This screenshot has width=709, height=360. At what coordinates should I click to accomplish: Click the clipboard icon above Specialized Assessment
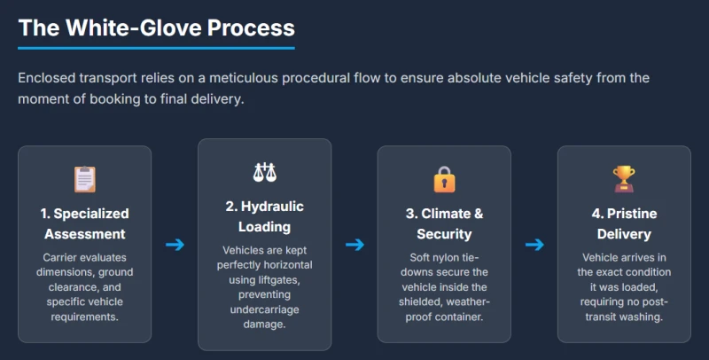[x=84, y=179]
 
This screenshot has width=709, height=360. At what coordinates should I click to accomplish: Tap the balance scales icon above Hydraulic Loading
[x=264, y=172]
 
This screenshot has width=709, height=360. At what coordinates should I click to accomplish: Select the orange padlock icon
[x=444, y=179]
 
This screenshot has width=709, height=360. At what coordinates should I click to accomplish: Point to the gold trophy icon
[x=624, y=179]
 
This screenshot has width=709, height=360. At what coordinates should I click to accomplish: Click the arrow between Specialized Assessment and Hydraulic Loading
[x=175, y=245]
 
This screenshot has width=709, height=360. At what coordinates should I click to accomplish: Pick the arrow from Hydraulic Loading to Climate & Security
[x=355, y=245]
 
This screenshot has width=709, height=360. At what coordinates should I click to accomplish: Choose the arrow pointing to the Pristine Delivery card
[x=534, y=245]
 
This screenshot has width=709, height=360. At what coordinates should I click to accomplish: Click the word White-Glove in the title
[x=134, y=27]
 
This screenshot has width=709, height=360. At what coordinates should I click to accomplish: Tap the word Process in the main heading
[x=251, y=27]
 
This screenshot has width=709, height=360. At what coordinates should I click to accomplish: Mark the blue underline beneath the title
[x=157, y=48]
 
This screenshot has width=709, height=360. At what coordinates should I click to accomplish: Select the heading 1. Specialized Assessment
[x=84, y=223]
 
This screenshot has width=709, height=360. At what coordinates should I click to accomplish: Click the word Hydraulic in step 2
[x=272, y=207]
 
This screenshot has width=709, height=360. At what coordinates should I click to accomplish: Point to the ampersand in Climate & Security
[x=479, y=214]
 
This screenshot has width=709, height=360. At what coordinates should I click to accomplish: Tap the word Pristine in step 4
[x=632, y=214]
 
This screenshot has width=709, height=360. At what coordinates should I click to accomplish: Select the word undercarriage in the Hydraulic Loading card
[x=264, y=309]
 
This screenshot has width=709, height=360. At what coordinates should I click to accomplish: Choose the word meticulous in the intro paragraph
[x=244, y=78]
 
